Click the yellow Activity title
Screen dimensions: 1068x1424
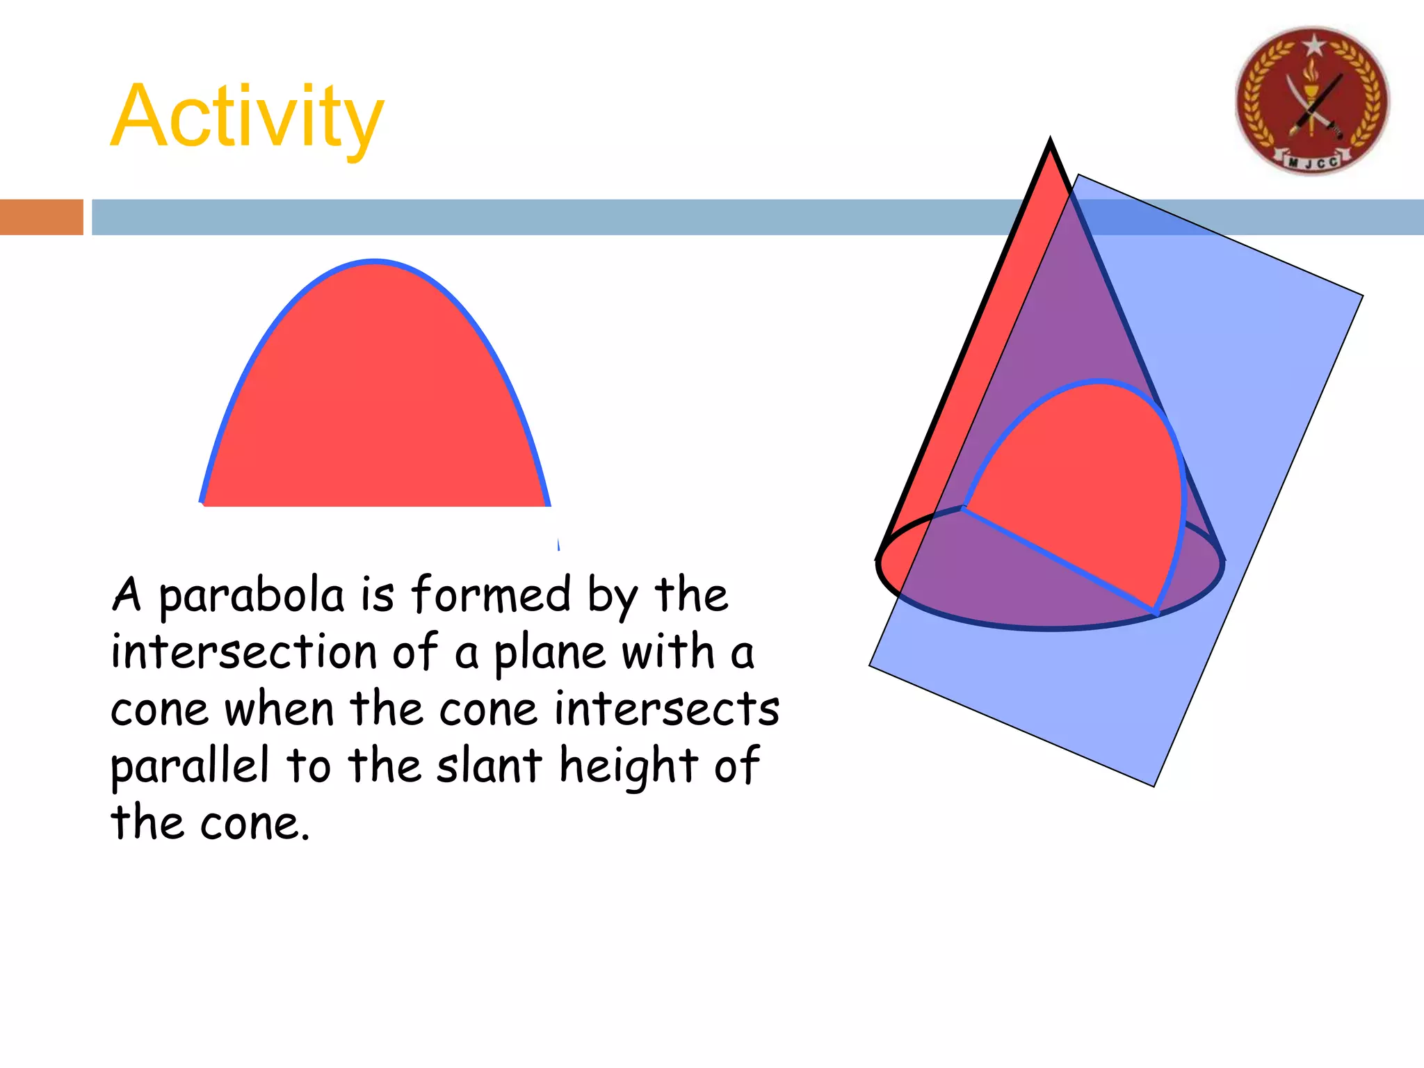click(x=247, y=116)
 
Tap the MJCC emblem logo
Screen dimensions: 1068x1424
click(x=1311, y=101)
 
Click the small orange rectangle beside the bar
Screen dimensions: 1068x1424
click(x=41, y=217)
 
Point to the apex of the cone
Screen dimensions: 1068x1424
click(x=1050, y=141)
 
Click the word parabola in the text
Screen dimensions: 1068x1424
click(x=252, y=597)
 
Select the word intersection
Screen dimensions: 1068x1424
click(x=243, y=652)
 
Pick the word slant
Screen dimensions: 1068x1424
click(x=489, y=765)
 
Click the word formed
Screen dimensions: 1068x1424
click(x=490, y=595)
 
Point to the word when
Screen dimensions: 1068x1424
click(x=279, y=709)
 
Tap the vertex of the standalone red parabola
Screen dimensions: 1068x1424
click(x=375, y=262)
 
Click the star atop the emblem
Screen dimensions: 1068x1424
click(x=1313, y=45)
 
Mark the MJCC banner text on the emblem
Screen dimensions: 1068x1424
click(x=1313, y=163)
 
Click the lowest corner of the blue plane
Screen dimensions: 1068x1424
click(x=1154, y=786)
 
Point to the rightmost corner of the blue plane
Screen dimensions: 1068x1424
click(x=1362, y=296)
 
